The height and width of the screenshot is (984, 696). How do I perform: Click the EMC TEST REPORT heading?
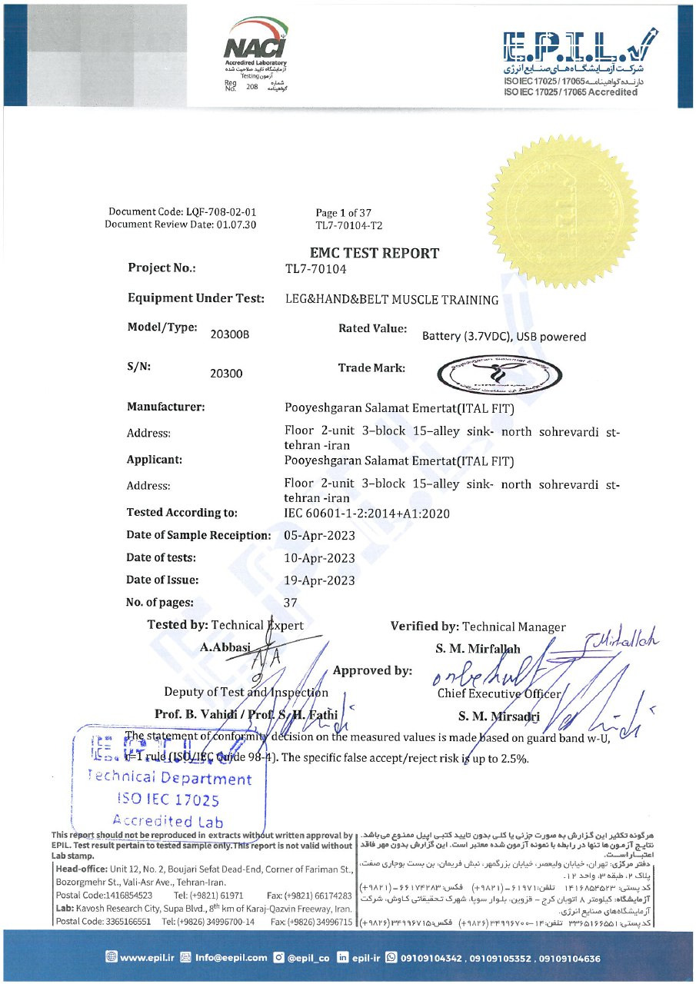coord(375,253)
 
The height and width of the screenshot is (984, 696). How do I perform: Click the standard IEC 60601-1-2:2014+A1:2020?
coord(367,514)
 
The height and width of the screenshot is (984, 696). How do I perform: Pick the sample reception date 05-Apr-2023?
coord(319,536)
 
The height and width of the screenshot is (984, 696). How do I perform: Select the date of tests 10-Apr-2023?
coord(319,558)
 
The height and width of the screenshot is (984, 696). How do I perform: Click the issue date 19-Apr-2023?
coord(319,580)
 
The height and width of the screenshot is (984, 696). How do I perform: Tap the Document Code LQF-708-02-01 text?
coord(182,212)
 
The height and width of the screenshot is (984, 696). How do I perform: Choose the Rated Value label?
coord(372,328)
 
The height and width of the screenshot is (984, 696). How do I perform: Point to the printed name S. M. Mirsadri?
coord(498,716)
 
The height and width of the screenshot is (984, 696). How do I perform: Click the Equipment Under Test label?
coord(196,298)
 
